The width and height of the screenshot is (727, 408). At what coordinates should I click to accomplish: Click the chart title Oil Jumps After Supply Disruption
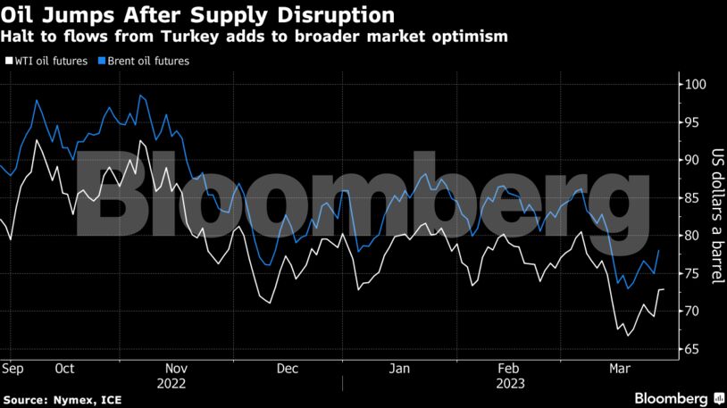coord(196,15)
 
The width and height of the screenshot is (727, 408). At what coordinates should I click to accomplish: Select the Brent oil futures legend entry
coord(146,62)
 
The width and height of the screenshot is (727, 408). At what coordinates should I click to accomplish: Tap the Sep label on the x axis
coord(13,368)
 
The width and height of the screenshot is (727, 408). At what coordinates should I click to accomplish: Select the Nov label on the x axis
coord(175,368)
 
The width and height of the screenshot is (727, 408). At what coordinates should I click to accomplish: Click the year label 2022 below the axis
coord(175,384)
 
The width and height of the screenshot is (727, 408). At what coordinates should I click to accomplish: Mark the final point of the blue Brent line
coord(659,251)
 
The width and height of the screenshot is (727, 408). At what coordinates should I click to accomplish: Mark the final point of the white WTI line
coord(663,289)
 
